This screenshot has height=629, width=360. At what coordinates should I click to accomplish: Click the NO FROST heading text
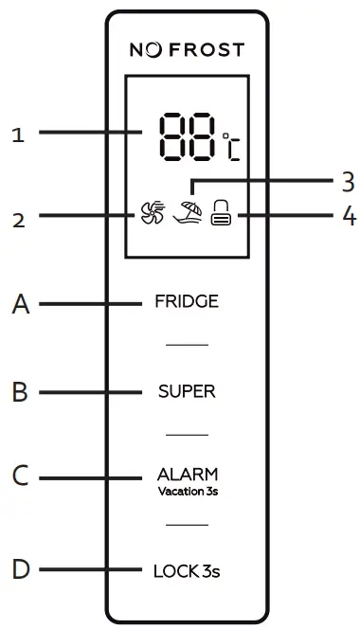click(187, 49)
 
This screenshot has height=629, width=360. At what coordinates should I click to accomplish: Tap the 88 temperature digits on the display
click(187, 138)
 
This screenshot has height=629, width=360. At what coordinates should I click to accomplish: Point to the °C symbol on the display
click(230, 148)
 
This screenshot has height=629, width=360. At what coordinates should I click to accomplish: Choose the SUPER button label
click(187, 390)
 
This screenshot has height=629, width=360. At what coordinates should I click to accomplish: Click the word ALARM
click(187, 474)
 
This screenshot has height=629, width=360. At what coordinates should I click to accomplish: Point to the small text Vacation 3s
click(187, 492)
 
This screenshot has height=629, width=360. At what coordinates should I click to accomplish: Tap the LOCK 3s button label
click(187, 571)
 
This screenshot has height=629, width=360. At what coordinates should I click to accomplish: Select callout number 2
click(17, 221)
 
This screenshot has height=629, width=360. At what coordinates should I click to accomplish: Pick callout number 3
click(347, 179)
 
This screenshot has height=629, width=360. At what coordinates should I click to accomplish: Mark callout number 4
click(348, 217)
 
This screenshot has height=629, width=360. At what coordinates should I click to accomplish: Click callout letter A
click(20, 305)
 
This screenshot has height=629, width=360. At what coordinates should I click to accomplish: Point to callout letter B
click(20, 391)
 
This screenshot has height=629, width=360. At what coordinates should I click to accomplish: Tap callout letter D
click(20, 571)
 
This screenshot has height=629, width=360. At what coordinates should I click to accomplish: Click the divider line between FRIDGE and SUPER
click(187, 346)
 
